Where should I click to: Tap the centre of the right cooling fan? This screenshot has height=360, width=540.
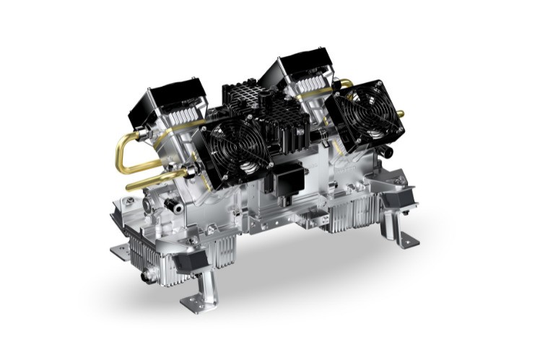(x=363, y=115)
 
